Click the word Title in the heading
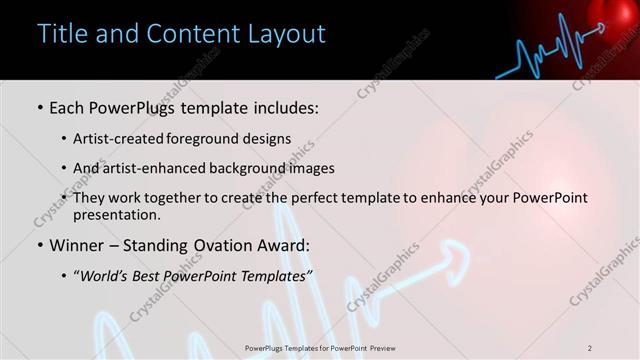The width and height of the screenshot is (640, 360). click(61, 34)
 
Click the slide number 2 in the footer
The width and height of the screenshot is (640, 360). click(590, 348)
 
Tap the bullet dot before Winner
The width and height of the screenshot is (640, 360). click(39, 245)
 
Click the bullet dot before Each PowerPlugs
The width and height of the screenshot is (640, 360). click(39, 107)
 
